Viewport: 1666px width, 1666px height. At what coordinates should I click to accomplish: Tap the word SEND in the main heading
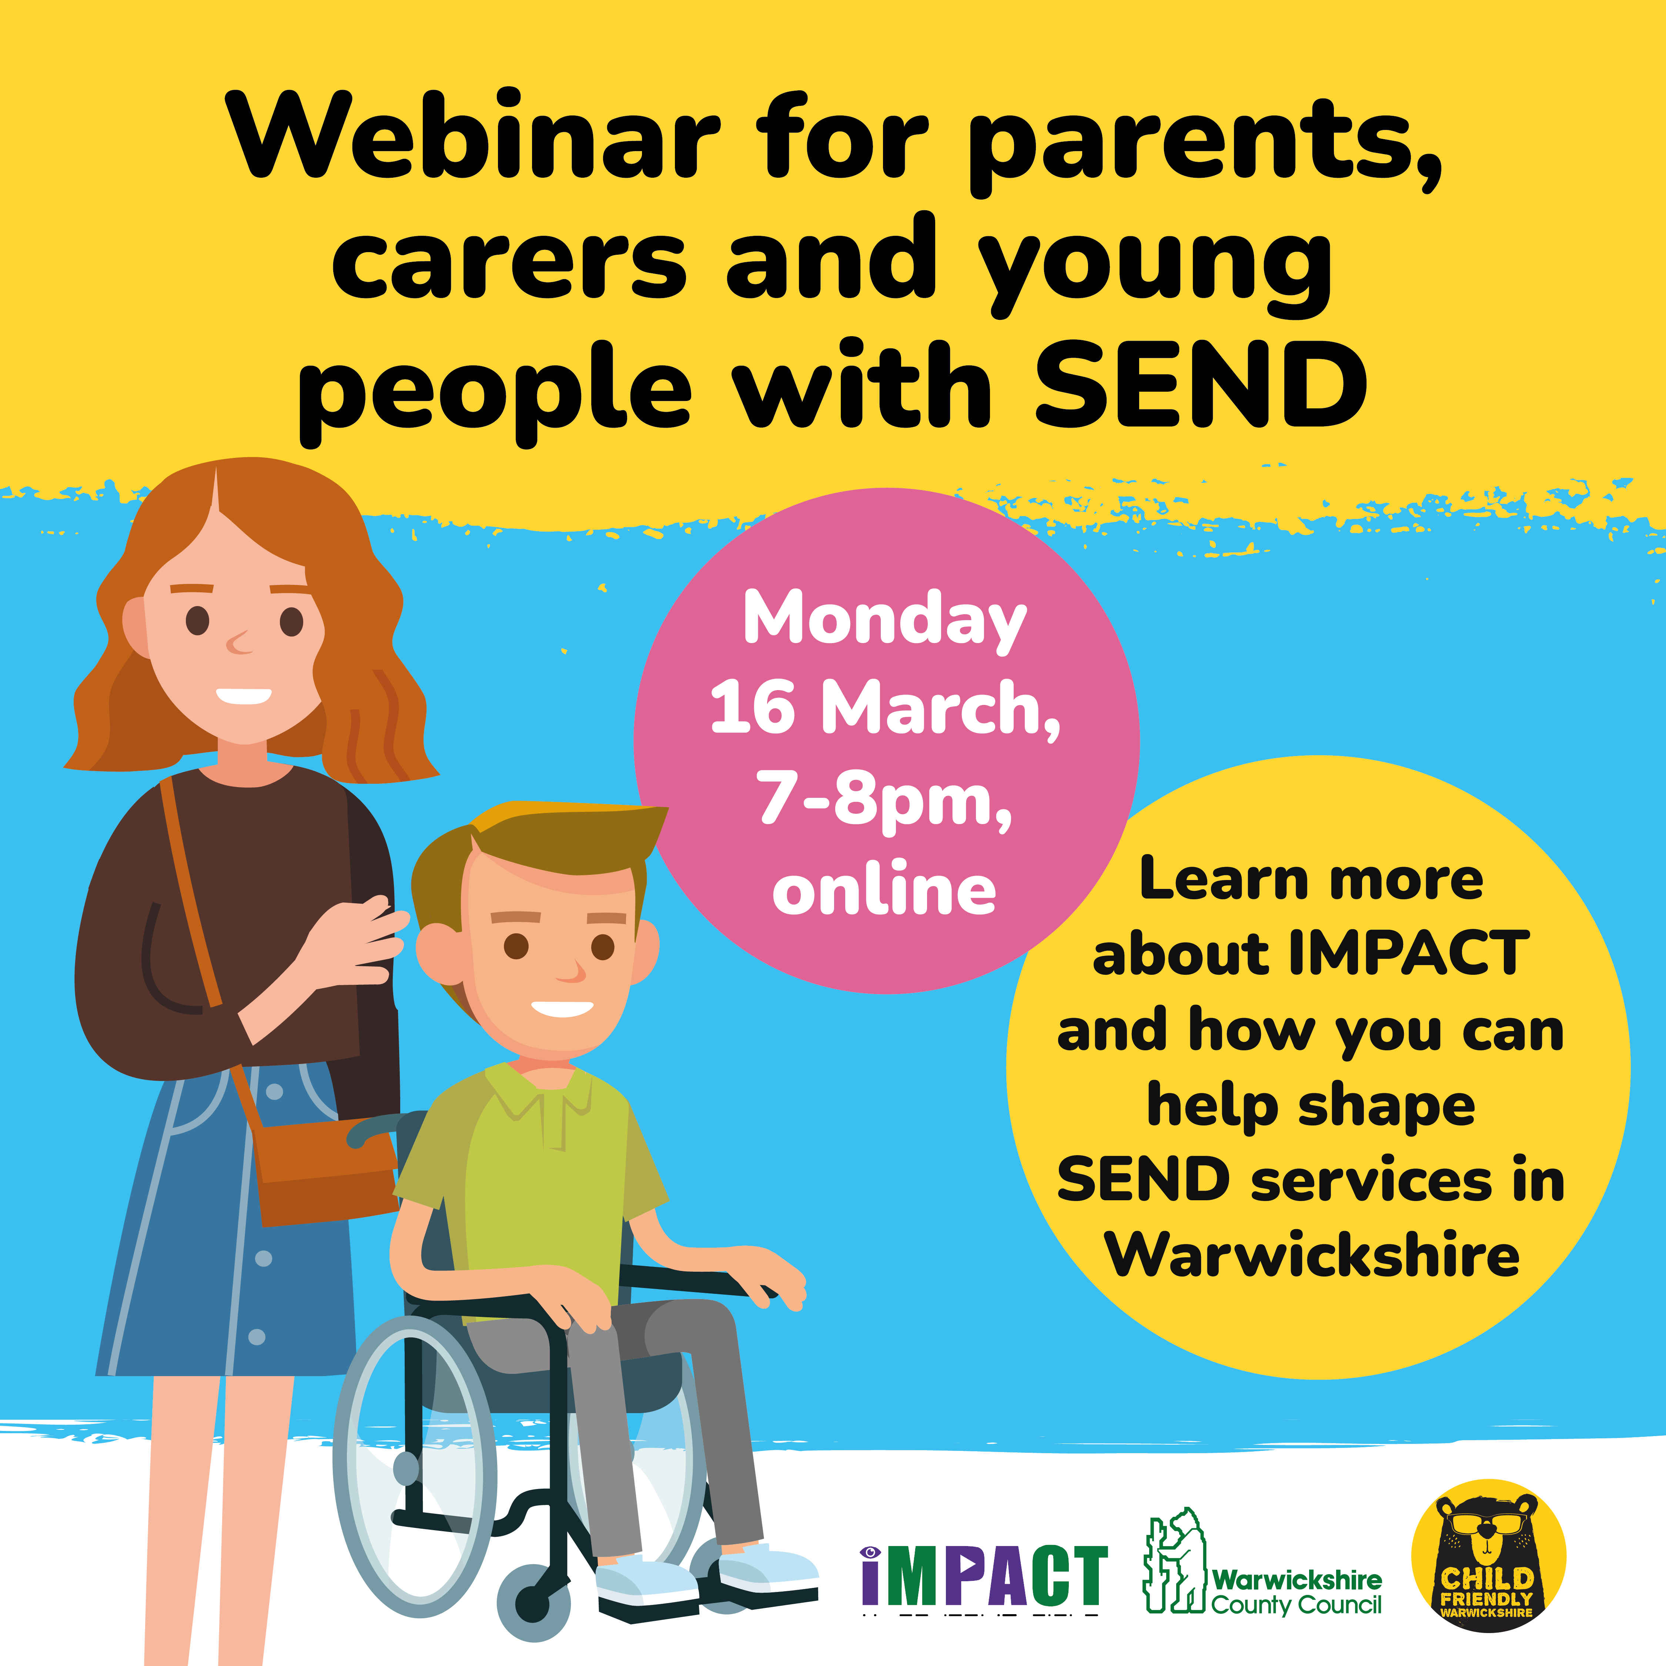pos(1200,385)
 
